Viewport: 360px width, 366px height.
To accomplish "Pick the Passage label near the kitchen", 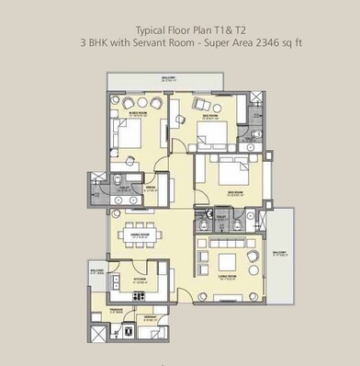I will (118, 311).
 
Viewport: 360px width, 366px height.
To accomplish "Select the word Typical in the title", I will (152, 29).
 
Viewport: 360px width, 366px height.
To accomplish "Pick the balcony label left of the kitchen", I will (96, 272).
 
